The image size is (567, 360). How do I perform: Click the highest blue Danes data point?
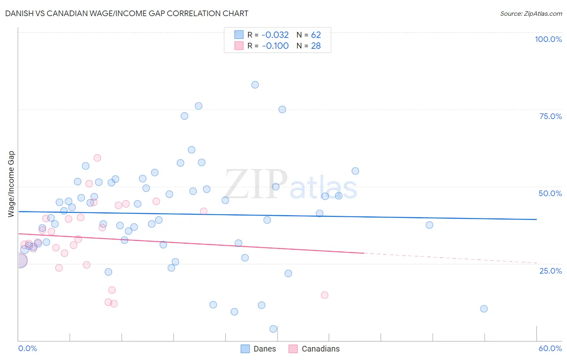(255, 85)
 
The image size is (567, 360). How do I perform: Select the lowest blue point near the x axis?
(273, 329)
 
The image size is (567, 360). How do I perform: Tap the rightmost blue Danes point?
(484, 309)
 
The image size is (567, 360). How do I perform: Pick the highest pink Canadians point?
(97, 158)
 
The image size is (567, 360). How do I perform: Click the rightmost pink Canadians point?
(325, 295)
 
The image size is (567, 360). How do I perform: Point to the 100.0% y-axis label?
(548, 39)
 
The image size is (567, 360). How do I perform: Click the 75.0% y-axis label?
(550, 116)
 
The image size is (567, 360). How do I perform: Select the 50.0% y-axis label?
(550, 193)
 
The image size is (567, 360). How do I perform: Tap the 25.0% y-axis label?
(550, 271)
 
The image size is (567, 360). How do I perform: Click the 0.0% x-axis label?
(27, 348)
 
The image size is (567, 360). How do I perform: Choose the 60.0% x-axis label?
(550, 348)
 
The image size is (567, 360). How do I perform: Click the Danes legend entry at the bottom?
(258, 349)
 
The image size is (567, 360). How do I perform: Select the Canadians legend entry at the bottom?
(315, 349)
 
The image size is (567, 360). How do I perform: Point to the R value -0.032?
(275, 35)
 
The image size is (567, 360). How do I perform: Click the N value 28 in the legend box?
(316, 46)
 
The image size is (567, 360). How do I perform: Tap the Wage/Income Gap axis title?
(11, 184)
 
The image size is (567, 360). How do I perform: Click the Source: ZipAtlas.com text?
(531, 13)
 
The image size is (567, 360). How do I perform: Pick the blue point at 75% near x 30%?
(282, 109)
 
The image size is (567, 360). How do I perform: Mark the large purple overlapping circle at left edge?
(20, 261)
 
